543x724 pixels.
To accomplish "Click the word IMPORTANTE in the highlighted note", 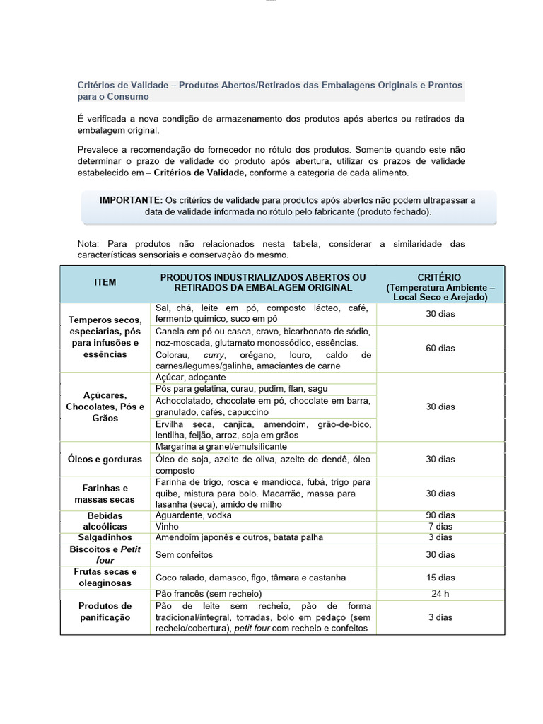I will (131, 200).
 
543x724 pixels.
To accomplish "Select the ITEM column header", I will (105, 282).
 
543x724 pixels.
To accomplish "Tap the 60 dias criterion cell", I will (440, 348).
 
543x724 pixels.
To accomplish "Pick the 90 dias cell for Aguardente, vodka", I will (440, 515).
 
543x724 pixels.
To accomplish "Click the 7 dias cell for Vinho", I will (440, 527).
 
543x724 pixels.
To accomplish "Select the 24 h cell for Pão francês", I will (440, 594).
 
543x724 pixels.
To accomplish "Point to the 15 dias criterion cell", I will (440, 577).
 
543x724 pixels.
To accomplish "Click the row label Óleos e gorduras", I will (105, 459).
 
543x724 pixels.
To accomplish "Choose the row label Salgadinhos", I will (105, 537).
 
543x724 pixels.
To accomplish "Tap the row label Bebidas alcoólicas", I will (105, 521).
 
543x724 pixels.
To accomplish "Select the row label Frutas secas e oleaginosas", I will (105, 577).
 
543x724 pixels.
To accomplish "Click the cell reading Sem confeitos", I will (184, 555).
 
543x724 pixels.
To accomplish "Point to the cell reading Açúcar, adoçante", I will (190, 378).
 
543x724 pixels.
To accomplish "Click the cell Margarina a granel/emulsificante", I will (221, 447).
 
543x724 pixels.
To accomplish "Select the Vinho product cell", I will (166, 527).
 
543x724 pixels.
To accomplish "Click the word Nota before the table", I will (89, 244).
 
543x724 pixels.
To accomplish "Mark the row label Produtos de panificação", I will (105, 612).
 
